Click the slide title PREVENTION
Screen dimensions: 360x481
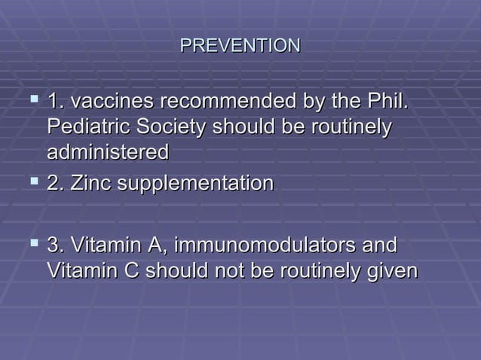click(x=240, y=47)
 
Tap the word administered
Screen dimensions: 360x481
click(x=107, y=152)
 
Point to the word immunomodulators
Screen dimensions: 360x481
click(x=268, y=246)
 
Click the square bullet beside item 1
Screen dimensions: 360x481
click(x=32, y=99)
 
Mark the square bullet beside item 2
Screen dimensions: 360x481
click(x=32, y=182)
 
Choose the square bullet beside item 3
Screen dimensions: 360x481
click(x=32, y=243)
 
